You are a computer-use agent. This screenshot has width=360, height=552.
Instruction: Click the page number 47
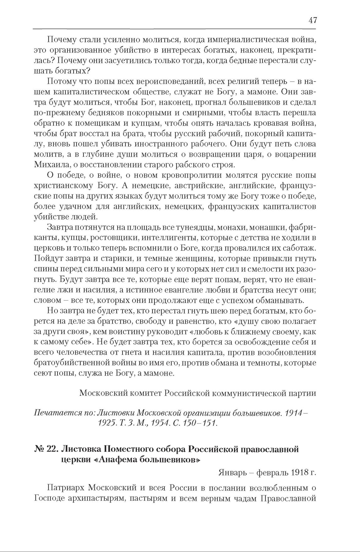click(x=313, y=21)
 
